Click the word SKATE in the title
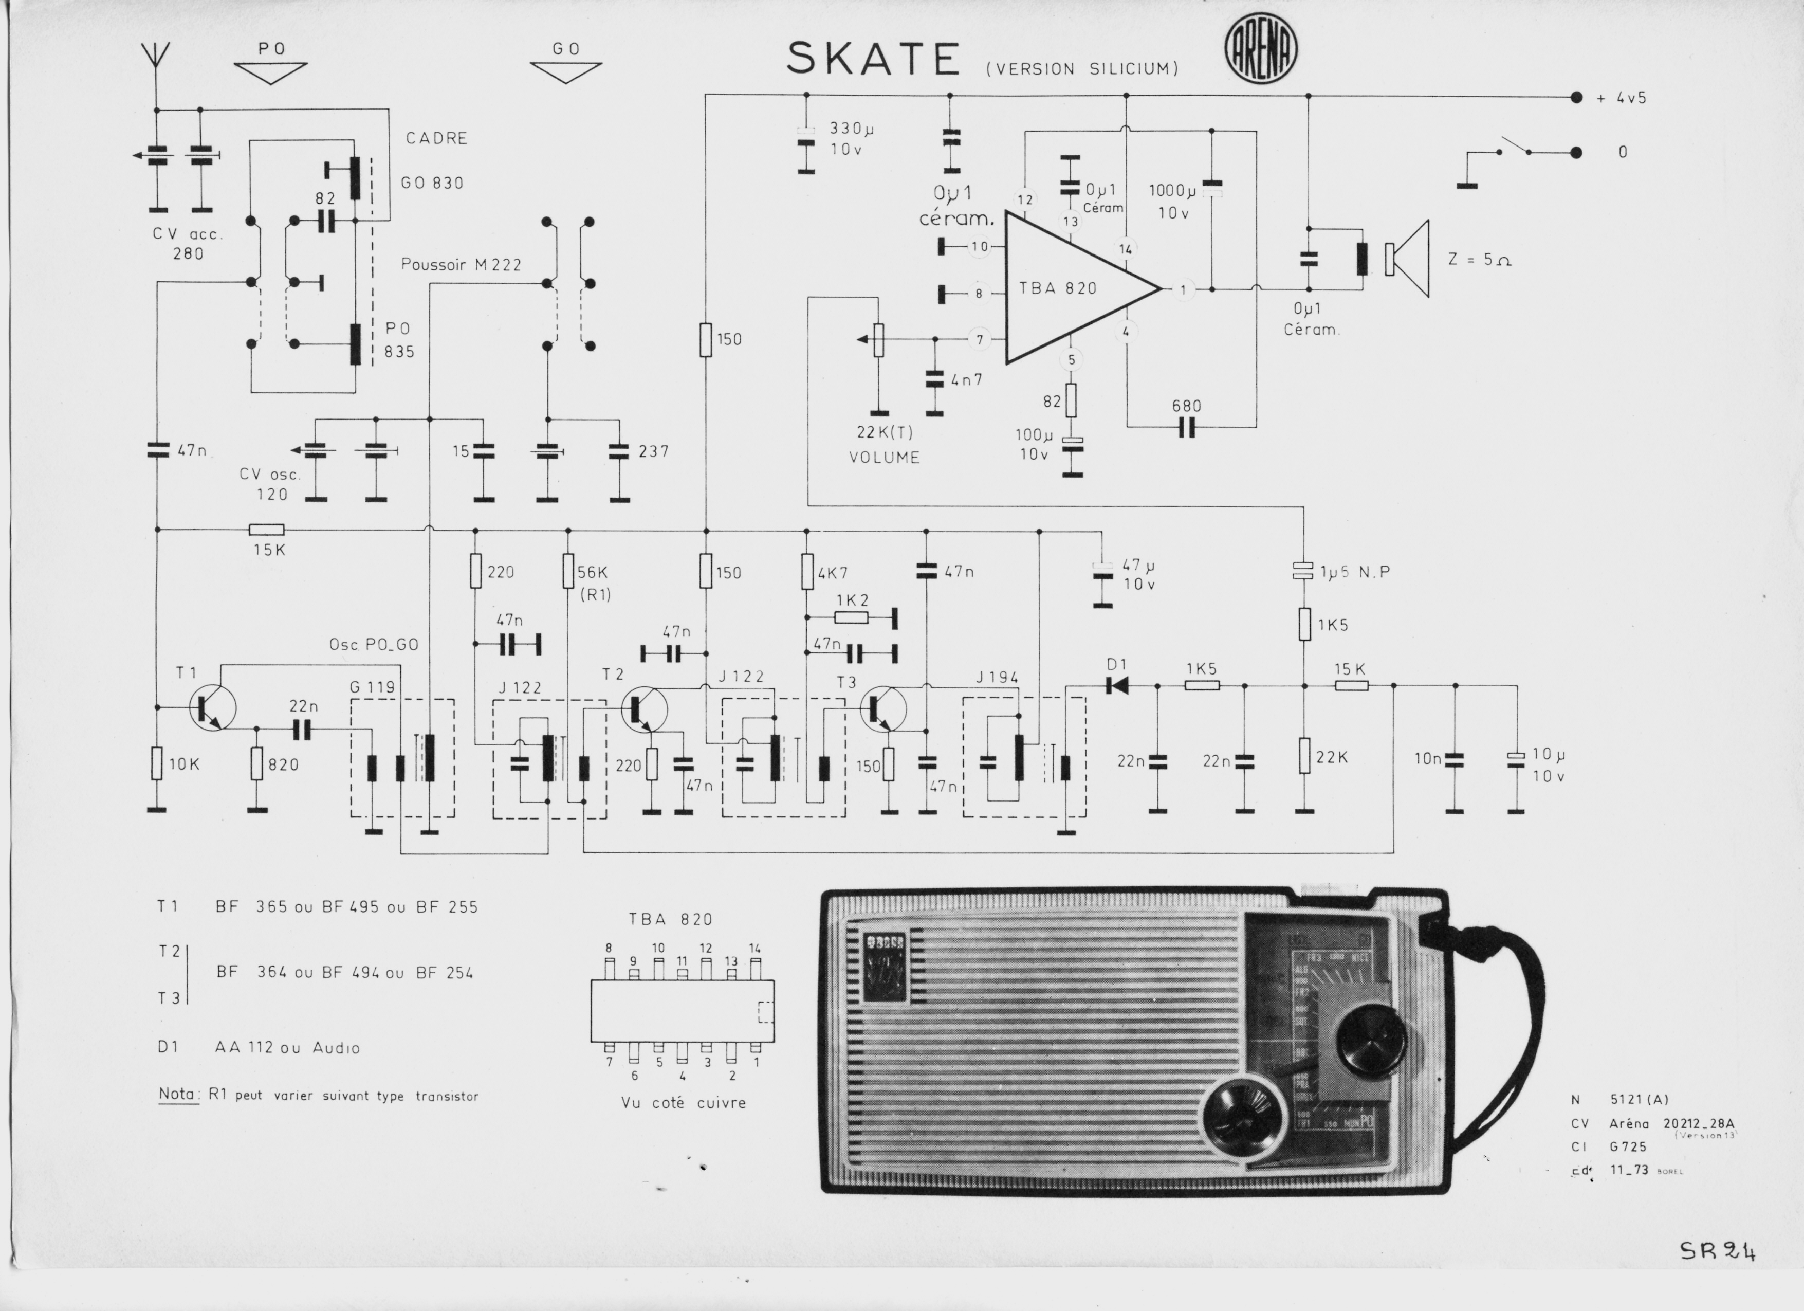[x=873, y=60]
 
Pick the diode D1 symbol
[x=1117, y=685]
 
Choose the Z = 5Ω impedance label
[x=1480, y=259]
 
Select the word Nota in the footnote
[x=177, y=1095]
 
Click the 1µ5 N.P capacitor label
[x=1355, y=571]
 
